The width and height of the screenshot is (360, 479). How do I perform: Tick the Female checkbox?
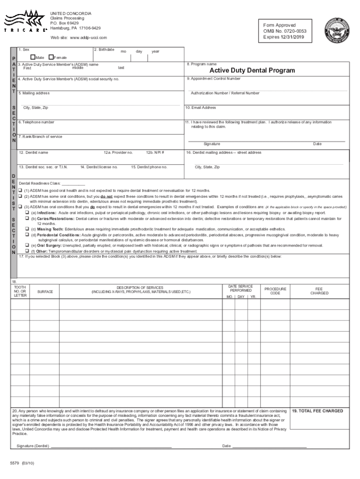(51, 57)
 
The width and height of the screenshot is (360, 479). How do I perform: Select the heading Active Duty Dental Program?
(252, 70)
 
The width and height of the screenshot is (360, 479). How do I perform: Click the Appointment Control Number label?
(214, 79)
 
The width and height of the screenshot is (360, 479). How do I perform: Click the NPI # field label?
(155, 152)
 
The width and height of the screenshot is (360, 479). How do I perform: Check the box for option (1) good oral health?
(21, 191)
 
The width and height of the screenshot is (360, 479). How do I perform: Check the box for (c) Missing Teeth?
(28, 229)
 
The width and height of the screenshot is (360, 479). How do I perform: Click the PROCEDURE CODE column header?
(275, 291)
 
